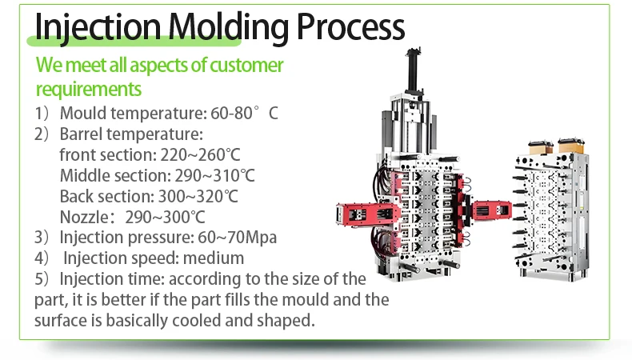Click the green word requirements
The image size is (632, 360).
(88, 88)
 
